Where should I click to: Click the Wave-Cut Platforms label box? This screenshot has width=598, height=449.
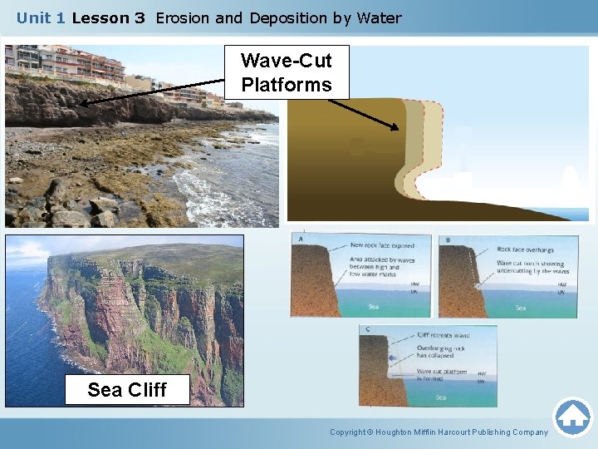click(287, 72)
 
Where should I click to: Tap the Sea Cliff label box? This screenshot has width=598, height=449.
click(127, 389)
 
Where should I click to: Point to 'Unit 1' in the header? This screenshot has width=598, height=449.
click(42, 17)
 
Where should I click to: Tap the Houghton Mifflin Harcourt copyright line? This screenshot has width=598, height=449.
click(439, 432)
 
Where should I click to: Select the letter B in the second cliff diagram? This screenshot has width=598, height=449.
click(448, 240)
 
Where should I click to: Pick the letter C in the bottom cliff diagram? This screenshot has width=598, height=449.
click(368, 330)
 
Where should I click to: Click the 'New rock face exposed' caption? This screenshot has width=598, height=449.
click(380, 245)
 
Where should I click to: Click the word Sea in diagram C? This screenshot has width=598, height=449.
click(440, 397)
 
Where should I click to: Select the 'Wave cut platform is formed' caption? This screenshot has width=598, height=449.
click(442, 376)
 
